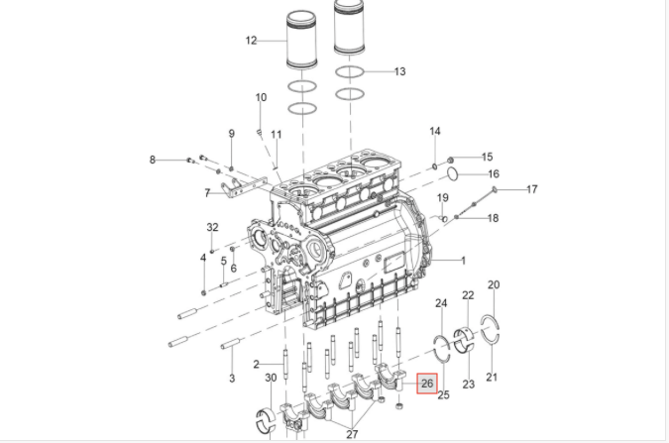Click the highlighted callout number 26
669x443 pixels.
click(x=427, y=384)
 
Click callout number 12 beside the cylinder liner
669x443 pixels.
click(x=252, y=41)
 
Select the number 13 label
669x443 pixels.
click(x=399, y=71)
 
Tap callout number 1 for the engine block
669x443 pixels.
click(x=464, y=260)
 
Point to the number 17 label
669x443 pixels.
click(x=531, y=188)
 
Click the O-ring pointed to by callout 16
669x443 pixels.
click(x=453, y=174)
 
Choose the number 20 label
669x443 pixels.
click(x=494, y=284)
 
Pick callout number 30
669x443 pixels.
click(x=271, y=378)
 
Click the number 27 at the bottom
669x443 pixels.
click(x=352, y=434)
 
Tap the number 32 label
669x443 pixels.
click(x=212, y=227)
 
